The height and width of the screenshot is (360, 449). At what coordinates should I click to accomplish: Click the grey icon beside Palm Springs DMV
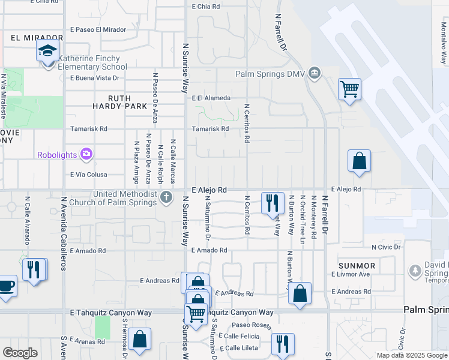coord(314,74)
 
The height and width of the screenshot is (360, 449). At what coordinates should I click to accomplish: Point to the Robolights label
coord(57,155)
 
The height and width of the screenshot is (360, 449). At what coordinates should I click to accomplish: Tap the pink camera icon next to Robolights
coord(87,155)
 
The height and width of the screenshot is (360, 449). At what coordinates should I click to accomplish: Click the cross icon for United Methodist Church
coord(166,196)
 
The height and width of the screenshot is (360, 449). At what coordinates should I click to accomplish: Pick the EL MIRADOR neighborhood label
coord(29,37)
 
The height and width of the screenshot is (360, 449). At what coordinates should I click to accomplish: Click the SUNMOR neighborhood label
coord(357,265)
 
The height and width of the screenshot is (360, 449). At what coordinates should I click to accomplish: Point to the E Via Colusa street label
coord(89,175)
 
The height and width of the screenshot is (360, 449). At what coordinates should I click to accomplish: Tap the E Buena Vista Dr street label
coord(95,78)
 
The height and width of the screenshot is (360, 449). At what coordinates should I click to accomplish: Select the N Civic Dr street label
coord(385,247)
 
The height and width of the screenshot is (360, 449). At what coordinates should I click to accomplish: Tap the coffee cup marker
coord(6,287)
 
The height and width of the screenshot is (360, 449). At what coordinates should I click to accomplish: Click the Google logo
coord(20,353)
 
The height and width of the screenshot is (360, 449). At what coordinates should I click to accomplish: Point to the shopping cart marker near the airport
coord(349,89)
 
